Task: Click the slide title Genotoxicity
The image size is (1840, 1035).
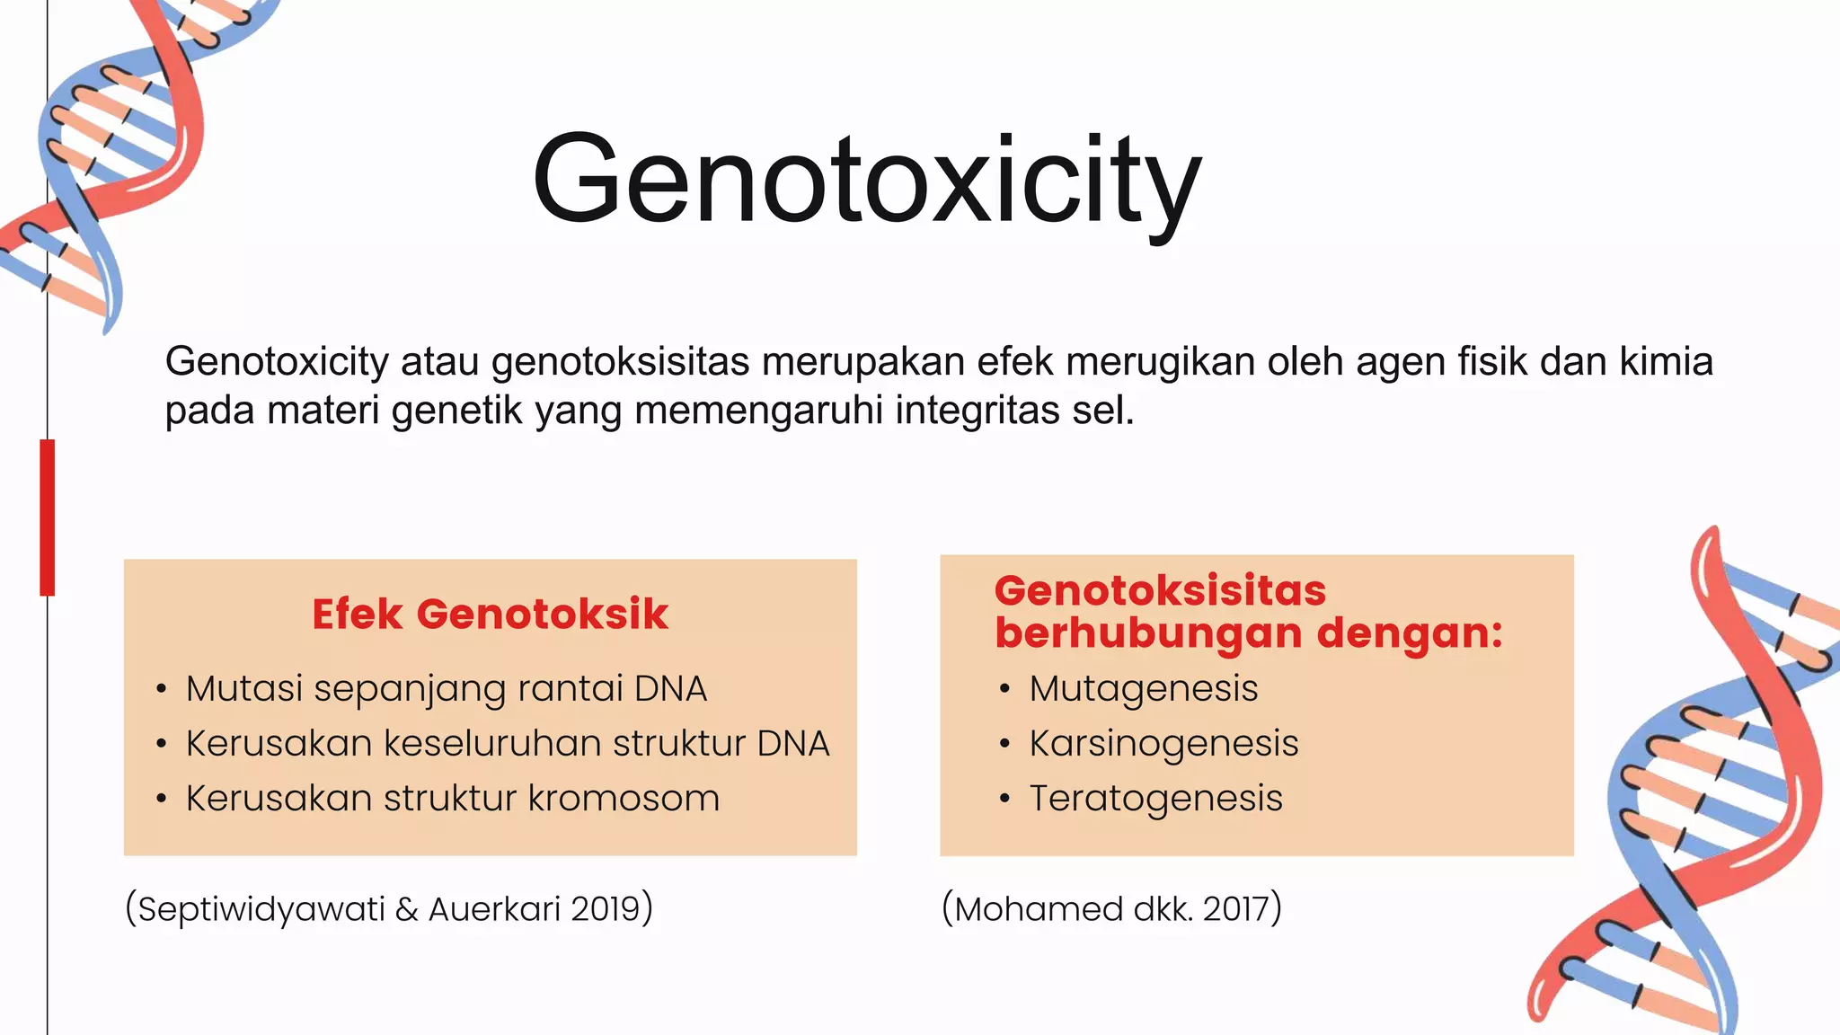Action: point(866,180)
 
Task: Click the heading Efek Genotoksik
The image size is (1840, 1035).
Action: point(490,615)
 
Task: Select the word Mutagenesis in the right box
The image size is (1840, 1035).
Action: point(1143,689)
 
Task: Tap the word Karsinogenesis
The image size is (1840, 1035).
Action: point(1163,744)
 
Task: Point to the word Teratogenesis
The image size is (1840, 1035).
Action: point(1155,799)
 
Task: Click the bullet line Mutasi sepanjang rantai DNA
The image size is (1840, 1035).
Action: point(446,689)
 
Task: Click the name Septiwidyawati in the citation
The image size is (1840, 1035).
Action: point(261,909)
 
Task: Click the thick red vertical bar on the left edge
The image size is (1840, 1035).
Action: point(48,517)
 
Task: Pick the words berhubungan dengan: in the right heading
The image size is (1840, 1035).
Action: point(1248,633)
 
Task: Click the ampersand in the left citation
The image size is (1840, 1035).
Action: point(407,909)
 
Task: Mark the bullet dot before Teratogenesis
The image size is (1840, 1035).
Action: point(1004,799)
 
